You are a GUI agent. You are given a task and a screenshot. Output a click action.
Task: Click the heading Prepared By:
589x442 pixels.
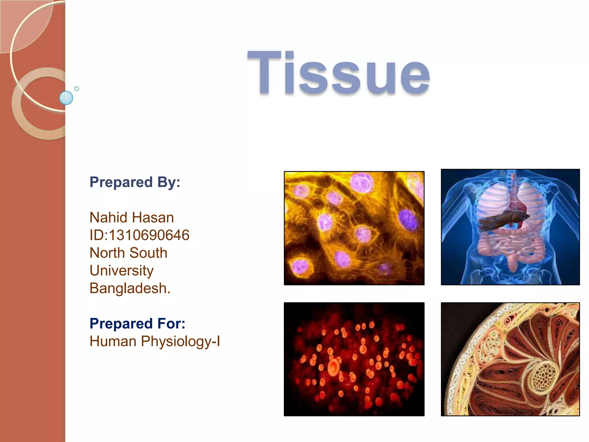click(x=135, y=182)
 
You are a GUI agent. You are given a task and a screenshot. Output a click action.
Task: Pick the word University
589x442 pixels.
click(x=121, y=271)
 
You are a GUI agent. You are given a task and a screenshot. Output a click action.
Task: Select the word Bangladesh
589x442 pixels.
click(x=130, y=288)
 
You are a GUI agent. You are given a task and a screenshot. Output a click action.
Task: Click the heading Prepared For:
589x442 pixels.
click(x=137, y=323)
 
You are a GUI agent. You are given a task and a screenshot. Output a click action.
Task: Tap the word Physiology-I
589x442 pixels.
click(x=180, y=342)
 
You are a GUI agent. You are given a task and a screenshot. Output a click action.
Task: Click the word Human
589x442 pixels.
click(x=113, y=342)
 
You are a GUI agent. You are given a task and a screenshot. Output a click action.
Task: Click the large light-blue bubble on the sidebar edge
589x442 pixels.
click(x=66, y=98)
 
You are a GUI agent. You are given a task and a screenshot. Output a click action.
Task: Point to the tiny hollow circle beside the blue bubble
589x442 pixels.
click(x=77, y=89)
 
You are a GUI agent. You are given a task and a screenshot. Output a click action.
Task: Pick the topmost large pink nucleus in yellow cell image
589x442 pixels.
click(x=362, y=183)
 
